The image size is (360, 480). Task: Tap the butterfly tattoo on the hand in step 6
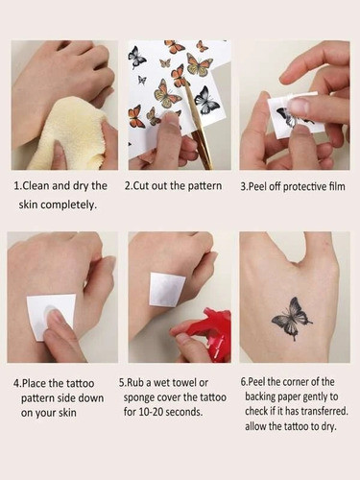[292, 317]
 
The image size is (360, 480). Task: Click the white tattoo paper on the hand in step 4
[51, 315]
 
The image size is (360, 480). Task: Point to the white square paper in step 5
[167, 289]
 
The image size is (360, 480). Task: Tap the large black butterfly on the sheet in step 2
[205, 99]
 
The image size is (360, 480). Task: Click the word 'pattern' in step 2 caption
[200, 186]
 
